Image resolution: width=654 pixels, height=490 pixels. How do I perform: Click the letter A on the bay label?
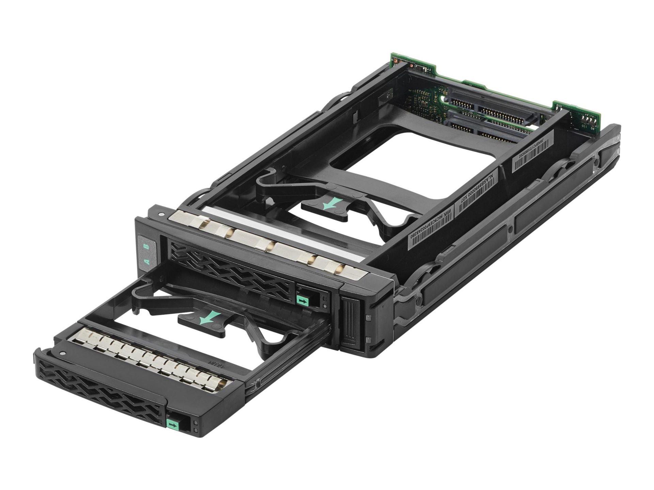click(147, 262)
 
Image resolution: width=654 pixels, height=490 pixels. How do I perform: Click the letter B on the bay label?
click(147, 246)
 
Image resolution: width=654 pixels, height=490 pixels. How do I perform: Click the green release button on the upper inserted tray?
click(302, 300)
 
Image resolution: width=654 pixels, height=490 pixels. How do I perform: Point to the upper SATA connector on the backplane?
click(490, 109)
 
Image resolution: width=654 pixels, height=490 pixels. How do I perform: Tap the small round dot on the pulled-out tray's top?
click(62, 353)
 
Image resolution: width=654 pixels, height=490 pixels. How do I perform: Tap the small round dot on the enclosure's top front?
click(160, 215)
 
